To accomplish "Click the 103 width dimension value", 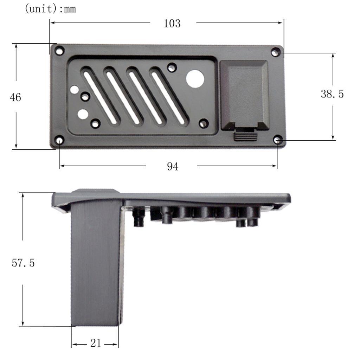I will pyautogui.click(x=172, y=24).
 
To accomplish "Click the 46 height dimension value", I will pyautogui.click(x=15, y=97).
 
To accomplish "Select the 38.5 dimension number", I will pyautogui.click(x=332, y=94).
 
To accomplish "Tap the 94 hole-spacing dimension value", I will pyautogui.click(x=172, y=167).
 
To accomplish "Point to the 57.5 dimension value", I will pyautogui.click(x=23, y=263).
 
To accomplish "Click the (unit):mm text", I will pyautogui.click(x=50, y=8).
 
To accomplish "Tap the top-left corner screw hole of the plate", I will pyautogui.click(x=60, y=51).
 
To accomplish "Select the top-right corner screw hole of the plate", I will pyautogui.click(x=276, y=52).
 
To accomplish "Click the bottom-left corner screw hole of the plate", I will pyautogui.click(x=59, y=141).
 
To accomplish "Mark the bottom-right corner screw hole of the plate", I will pyautogui.click(x=278, y=140).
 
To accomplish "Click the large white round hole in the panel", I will pyautogui.click(x=195, y=79).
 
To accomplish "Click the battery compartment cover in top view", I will pyautogui.click(x=244, y=94).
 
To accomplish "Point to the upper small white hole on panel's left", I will pyautogui.click(x=74, y=90).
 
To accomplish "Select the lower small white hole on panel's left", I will pyautogui.click(x=83, y=114).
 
